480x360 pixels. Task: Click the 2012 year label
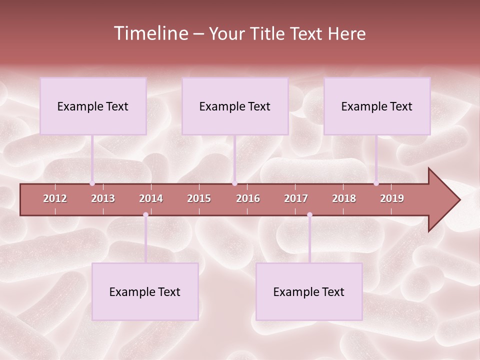(x=55, y=198)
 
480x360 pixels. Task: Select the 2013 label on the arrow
(x=103, y=198)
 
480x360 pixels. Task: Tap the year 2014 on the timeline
(x=151, y=198)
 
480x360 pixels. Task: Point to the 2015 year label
(x=199, y=198)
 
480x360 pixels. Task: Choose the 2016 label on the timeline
(x=248, y=198)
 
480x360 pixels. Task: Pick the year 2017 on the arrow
(x=296, y=198)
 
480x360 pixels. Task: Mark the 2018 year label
(x=344, y=198)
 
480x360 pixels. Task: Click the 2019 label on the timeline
(x=392, y=198)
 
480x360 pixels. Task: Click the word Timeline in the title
(x=149, y=33)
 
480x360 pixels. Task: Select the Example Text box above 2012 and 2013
(x=93, y=106)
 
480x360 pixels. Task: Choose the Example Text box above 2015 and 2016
(x=235, y=106)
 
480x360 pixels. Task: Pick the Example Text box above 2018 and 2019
(x=377, y=106)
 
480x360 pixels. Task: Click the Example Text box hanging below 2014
(x=145, y=291)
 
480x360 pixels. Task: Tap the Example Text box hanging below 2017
(x=309, y=291)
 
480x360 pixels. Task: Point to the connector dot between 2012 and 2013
(x=92, y=183)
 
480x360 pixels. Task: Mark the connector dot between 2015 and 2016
(x=235, y=183)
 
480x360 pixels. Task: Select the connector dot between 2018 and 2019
(x=376, y=183)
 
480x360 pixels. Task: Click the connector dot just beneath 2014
(x=145, y=215)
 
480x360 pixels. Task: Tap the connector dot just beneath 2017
(x=309, y=215)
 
